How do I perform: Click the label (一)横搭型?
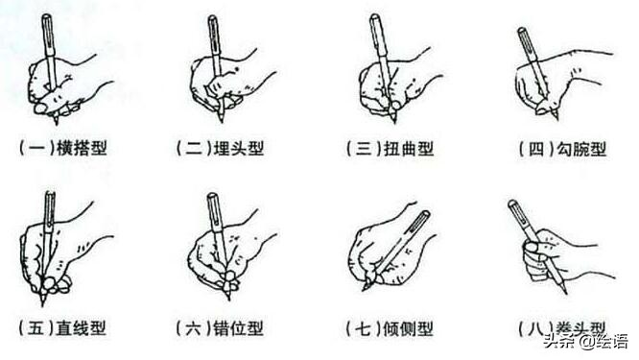point(65,148)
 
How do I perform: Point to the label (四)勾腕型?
point(548,148)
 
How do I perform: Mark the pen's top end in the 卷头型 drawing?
point(511,204)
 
